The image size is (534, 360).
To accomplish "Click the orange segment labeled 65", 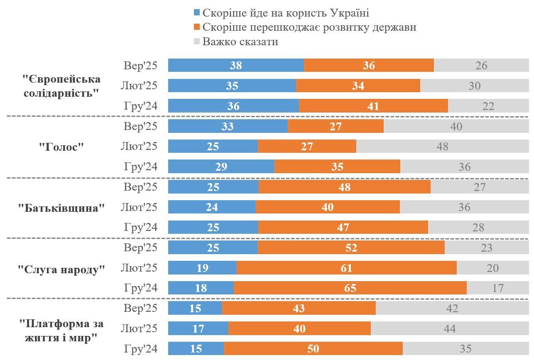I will (350, 288).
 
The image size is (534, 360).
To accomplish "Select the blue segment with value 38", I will (236, 65).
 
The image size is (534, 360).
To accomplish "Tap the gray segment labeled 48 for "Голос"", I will (442, 146).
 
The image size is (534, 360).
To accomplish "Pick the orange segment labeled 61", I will (346, 268).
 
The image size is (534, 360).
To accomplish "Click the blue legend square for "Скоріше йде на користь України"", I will (197, 13).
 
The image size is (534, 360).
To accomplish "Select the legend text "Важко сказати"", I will (240, 42).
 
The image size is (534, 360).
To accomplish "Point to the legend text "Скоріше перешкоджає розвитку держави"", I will (309, 27).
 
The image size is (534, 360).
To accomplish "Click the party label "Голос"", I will (61, 147).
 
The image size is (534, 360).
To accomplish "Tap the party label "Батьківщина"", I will (61, 208).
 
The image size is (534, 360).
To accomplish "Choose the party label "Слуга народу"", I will (61, 269).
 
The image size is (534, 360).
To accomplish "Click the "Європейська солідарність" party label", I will (61, 86).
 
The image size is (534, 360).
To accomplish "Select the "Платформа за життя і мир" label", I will (61, 330).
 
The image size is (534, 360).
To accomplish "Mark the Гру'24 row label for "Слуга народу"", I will (141, 288).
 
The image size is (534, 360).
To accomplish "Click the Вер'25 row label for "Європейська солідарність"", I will (141, 66).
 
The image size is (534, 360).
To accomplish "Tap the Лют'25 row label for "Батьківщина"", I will (139, 207).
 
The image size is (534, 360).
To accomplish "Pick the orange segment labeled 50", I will (313, 348).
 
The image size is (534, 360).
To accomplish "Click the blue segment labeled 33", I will (228, 126).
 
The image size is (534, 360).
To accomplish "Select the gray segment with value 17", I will (497, 288).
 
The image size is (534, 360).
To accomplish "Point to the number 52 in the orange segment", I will (351, 247).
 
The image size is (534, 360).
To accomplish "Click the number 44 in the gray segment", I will (449, 328).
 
